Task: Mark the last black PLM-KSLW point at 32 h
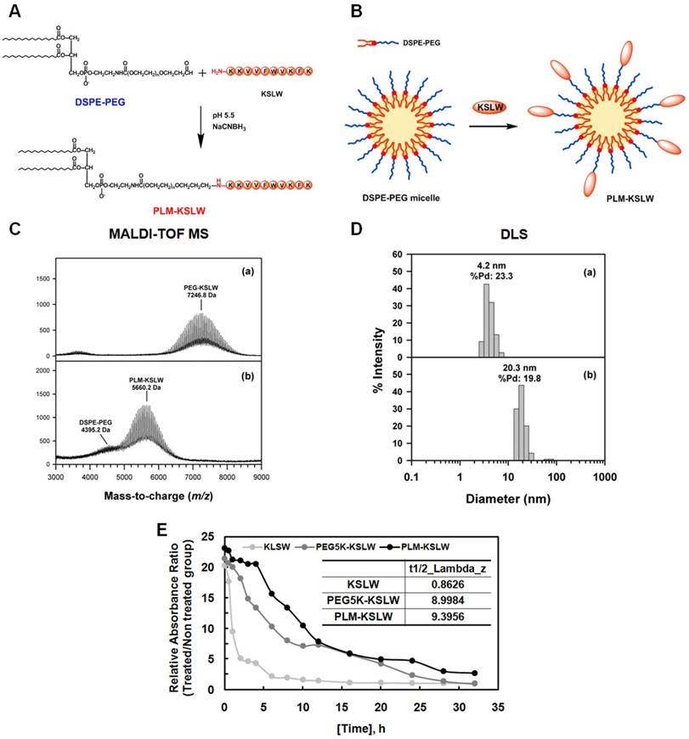475,674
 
